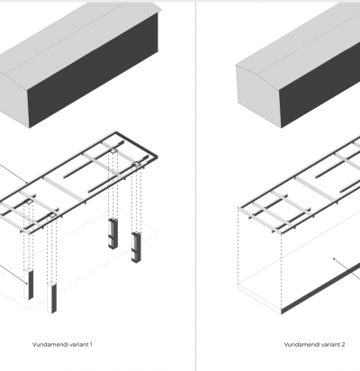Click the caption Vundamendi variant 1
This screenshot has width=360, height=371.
(62, 344)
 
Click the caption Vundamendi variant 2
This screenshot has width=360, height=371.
(314, 344)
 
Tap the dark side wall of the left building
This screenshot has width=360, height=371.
(93, 70)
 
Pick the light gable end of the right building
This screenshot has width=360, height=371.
(259, 96)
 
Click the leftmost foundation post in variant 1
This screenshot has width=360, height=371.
(29, 284)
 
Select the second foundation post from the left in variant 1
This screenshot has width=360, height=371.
(52, 298)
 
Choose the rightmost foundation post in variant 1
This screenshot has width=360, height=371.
(136, 247)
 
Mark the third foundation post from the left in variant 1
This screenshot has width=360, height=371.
(113, 233)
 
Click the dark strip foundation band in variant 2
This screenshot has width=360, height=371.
(320, 288)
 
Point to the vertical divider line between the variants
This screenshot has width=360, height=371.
(196, 186)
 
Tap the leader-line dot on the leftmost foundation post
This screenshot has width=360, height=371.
(27, 283)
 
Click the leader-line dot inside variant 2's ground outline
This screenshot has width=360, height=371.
(334, 258)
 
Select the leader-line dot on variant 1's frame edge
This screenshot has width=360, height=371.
(27, 182)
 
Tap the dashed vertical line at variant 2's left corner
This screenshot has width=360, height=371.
(238, 246)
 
